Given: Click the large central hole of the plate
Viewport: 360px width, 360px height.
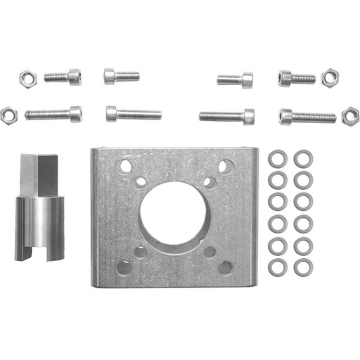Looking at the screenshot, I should [x=172, y=213].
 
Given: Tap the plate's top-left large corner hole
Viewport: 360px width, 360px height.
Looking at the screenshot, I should [x=124, y=167].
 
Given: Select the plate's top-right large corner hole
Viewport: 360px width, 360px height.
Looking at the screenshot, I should [x=226, y=167].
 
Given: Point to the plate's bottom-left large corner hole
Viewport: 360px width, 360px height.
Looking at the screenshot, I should [x=124, y=267].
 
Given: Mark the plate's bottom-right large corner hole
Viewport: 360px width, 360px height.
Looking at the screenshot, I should [x=225, y=267].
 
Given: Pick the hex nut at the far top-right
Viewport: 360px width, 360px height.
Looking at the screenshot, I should [x=329, y=77].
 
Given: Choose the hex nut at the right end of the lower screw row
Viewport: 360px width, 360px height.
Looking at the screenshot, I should [x=350, y=115].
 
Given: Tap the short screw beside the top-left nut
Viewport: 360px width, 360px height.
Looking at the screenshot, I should [x=63, y=75].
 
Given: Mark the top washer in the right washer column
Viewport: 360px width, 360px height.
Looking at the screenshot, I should [x=303, y=157].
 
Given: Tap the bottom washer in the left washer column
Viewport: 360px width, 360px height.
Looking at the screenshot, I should [x=278, y=266].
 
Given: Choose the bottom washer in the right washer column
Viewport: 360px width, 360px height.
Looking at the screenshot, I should [x=303, y=267].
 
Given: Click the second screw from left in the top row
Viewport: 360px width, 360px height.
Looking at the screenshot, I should [x=121, y=76].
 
